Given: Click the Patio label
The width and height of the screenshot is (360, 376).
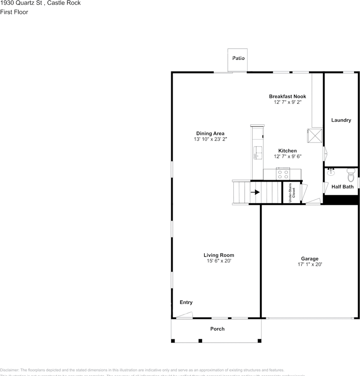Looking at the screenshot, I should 238,58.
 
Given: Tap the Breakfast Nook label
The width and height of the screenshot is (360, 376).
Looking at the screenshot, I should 287,96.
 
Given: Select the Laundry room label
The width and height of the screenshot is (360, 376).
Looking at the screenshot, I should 341,120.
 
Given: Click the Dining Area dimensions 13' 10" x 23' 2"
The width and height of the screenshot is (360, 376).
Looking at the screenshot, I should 210,139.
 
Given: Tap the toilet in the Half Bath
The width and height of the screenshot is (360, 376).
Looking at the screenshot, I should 350,172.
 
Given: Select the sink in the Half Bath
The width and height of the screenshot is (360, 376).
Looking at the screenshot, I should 331,172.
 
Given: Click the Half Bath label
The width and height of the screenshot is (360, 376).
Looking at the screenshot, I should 342,187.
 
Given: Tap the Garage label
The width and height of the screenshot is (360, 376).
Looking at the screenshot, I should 309,258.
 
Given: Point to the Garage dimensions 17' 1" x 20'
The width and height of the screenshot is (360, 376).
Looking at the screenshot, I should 309,264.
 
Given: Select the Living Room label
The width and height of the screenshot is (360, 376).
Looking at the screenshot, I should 218,255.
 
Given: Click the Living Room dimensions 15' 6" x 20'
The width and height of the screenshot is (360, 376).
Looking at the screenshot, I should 218,261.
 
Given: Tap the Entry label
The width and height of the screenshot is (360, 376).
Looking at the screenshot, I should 186,302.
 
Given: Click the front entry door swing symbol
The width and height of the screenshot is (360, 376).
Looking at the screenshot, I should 184,315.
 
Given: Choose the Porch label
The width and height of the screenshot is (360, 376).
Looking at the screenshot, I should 217,329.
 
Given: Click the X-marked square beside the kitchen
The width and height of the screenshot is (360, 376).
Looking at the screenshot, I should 315,136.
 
